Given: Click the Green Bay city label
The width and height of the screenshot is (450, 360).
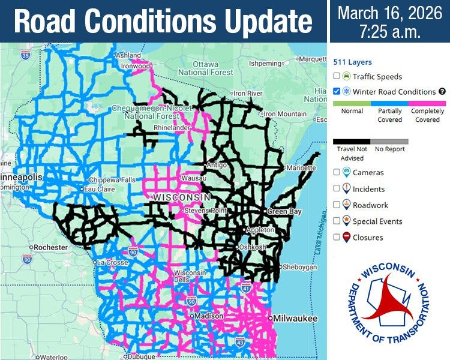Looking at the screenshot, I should (280, 211).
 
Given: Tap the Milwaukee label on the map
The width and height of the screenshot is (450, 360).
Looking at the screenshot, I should (292, 318).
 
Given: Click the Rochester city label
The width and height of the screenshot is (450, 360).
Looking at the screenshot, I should (50, 247).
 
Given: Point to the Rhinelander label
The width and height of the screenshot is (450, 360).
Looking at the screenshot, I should (172, 127).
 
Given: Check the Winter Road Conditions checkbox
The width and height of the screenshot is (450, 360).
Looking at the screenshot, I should (337, 92).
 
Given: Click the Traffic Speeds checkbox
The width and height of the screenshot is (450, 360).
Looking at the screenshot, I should (337, 76).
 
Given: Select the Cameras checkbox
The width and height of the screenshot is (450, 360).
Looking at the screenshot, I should (337, 172).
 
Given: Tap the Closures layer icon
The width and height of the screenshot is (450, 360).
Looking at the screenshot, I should (346, 237).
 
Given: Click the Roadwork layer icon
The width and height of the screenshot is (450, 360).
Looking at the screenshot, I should (346, 205).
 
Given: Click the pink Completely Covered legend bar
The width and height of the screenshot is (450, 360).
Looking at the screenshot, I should (427, 103).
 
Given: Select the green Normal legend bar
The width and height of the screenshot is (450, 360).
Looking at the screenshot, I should (352, 103).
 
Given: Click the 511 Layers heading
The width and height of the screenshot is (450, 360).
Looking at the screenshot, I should (352, 62).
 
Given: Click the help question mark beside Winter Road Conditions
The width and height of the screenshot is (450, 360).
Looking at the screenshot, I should (442, 92).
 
